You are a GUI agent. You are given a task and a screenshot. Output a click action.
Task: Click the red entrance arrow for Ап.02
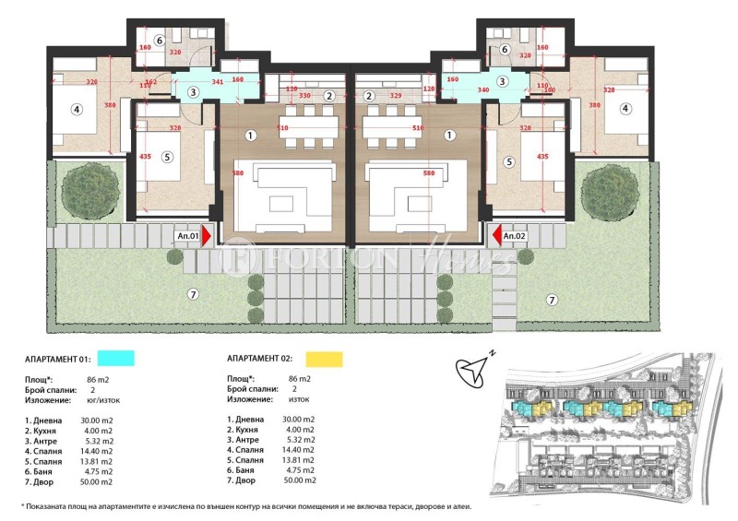pos(494,237)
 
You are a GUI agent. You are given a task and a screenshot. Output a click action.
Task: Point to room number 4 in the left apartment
pos(77,109)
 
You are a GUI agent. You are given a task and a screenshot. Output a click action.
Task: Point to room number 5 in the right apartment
pos(507,160)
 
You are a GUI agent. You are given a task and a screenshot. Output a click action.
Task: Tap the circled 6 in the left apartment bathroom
pos(159,40)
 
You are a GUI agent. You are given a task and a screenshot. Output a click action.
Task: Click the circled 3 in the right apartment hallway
pos(503,81)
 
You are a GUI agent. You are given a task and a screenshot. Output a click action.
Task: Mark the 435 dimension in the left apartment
pos(144,156)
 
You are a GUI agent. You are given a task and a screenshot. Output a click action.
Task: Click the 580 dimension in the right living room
pos(428,172)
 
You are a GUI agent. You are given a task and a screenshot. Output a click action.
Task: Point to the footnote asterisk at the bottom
pos(22,506)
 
